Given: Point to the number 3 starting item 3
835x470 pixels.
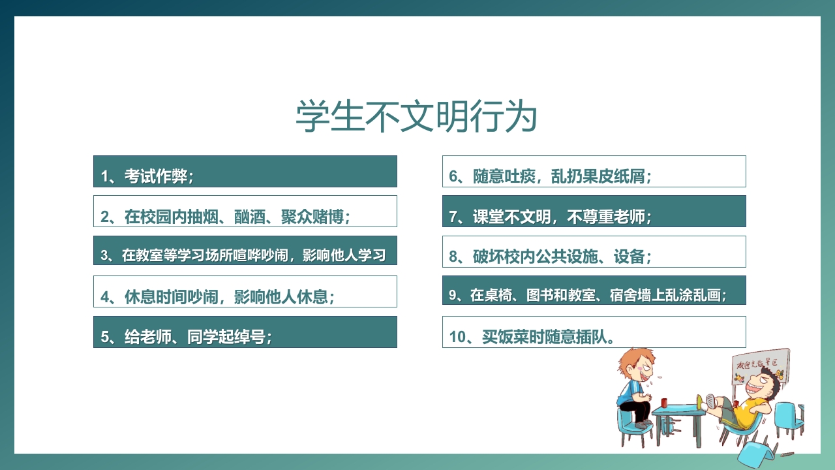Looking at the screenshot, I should tap(104, 256).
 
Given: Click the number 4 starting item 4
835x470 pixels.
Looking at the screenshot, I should tap(105, 298).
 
